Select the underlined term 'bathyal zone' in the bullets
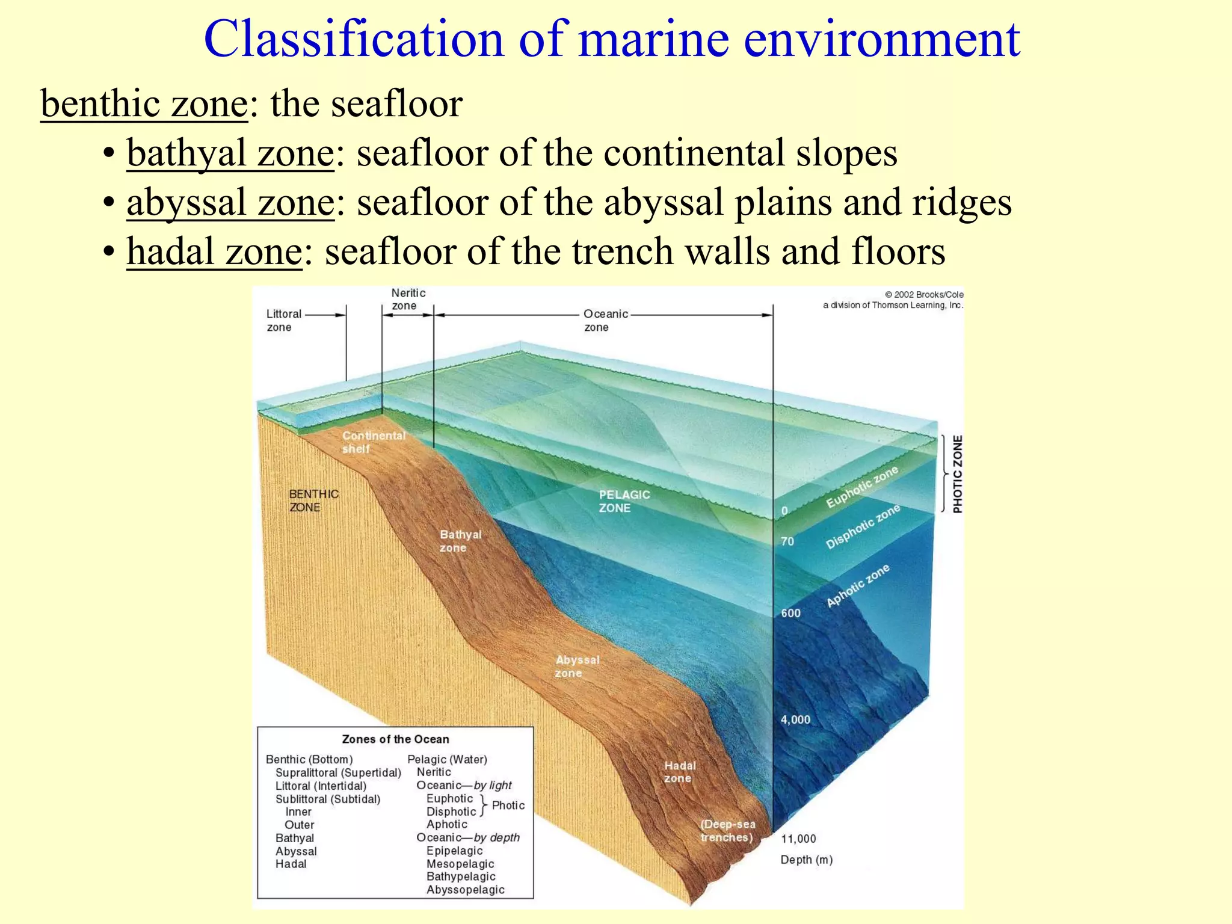point(230,153)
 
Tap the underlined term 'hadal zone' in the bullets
point(214,251)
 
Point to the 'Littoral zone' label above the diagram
point(283,321)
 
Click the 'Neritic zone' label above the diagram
point(408,300)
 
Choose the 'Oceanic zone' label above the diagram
point(605,321)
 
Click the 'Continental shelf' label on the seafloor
point(373,442)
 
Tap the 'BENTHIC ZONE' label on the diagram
point(313,500)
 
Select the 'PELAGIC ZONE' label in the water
point(624,501)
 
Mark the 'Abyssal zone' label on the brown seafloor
point(577,667)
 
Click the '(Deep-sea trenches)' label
point(727,831)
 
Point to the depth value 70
point(787,541)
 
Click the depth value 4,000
point(795,719)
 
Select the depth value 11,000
point(798,839)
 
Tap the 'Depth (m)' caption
point(806,860)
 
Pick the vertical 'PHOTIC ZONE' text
point(958,474)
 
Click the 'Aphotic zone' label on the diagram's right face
point(858,586)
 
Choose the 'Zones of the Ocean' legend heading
point(395,739)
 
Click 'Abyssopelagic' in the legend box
point(465,890)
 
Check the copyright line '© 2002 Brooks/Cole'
point(924,295)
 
